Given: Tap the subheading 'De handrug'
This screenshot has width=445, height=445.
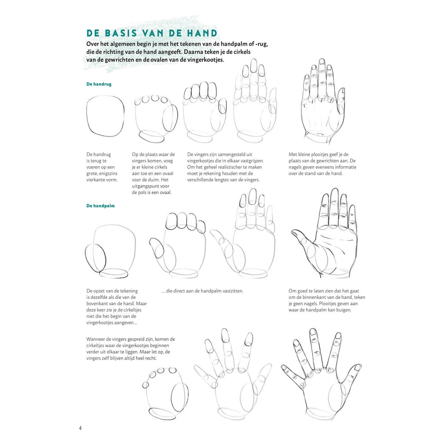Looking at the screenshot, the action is point(99,84).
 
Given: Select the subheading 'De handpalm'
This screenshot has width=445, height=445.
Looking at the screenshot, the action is point(100,206).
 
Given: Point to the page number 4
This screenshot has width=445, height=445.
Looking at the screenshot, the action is point(80,428).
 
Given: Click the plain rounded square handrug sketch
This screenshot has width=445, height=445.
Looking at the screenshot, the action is point(87,115).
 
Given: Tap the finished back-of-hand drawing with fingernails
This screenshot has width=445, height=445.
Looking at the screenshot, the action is point(323,102).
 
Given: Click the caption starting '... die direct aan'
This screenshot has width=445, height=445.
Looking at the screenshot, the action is point(202,291).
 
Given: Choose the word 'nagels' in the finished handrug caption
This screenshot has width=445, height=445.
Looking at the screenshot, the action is point(295,167).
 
